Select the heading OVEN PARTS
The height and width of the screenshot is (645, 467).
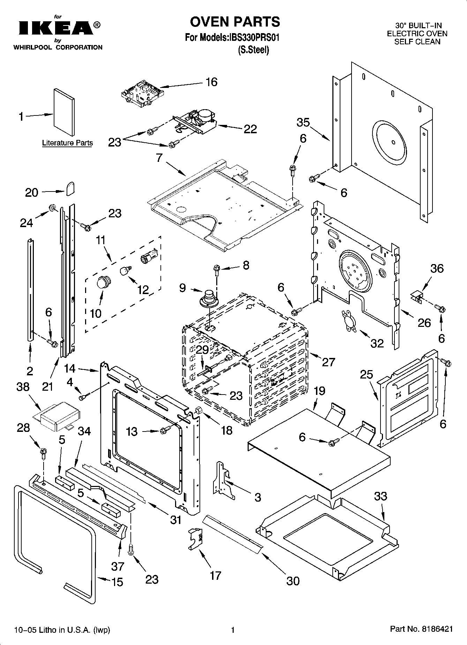235,22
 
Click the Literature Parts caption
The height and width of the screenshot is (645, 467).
67,143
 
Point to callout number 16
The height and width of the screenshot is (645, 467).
211,82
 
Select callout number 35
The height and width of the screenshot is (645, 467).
303,122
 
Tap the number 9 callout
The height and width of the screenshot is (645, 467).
183,288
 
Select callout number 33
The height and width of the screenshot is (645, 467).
381,496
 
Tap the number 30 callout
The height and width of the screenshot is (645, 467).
293,581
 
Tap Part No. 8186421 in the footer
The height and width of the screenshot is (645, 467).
421,629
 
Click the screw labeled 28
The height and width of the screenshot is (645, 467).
44,453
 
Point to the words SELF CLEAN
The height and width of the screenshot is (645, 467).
417,42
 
